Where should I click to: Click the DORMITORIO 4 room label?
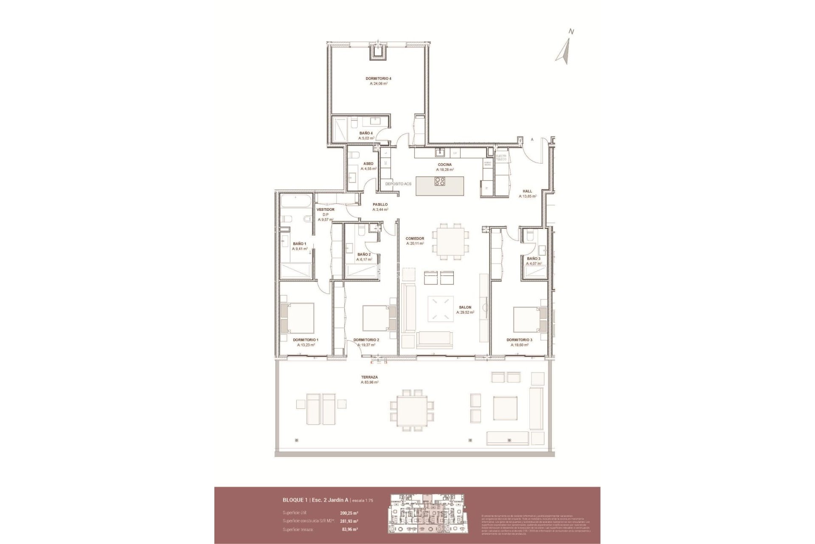tap(378, 79)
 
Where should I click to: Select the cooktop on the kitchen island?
tap(439, 182)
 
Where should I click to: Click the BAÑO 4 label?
tap(366, 133)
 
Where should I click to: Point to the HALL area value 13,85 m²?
tap(527, 196)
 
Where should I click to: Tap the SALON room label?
tap(465, 307)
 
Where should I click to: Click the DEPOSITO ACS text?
tap(398, 184)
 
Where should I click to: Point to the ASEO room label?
tap(368, 164)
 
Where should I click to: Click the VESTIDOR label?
tap(326, 210)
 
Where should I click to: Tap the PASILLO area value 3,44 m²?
tap(380, 210)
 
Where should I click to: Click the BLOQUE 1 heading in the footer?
tap(295, 500)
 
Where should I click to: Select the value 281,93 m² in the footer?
tap(349, 521)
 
